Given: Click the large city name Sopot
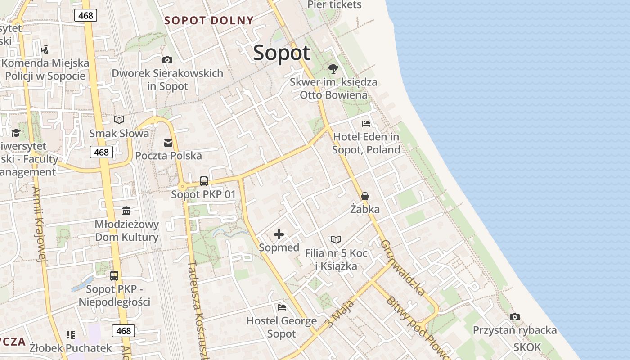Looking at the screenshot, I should [282, 53].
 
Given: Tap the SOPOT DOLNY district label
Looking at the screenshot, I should [209, 20].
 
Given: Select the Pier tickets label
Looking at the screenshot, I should [334, 5].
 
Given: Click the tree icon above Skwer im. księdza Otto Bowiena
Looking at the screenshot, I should [333, 69].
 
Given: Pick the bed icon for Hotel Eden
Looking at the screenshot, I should [366, 123].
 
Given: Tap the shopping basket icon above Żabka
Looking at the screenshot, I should [365, 196].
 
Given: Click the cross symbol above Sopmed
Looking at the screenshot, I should [279, 234].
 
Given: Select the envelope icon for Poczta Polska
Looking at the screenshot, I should [168, 143].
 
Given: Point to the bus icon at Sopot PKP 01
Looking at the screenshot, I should [204, 181].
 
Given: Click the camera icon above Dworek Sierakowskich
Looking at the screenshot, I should [167, 60].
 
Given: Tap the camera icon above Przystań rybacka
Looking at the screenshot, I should [515, 317].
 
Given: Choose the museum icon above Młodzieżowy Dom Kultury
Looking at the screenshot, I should [126, 211].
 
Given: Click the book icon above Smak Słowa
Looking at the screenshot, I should [119, 120].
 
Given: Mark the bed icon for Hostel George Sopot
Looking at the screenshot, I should [282, 307].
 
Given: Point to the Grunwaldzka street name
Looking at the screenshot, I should [403, 268].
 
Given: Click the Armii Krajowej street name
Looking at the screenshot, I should [40, 224].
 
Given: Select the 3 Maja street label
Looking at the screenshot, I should [340, 314].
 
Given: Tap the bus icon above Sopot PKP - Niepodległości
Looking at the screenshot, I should [114, 276].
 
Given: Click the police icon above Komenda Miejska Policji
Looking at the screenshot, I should [45, 49].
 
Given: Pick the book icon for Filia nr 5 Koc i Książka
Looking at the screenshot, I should [336, 240].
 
